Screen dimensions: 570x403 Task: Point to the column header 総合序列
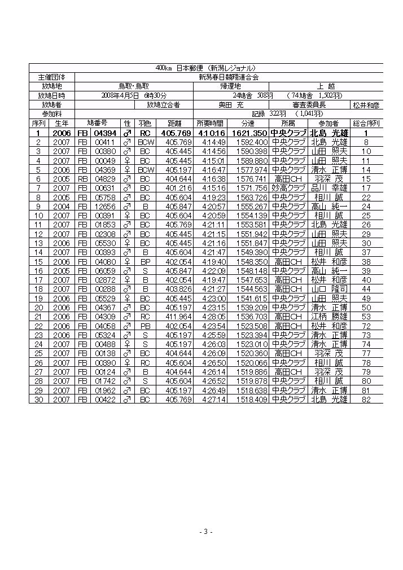click(366, 124)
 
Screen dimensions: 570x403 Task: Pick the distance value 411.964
click(178, 317)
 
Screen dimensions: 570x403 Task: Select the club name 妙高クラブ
click(288, 188)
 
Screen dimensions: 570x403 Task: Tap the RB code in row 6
click(82, 179)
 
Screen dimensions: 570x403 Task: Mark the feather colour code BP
click(144, 262)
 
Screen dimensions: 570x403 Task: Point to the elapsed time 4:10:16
click(210, 133)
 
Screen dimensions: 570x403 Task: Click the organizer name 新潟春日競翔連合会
click(229, 77)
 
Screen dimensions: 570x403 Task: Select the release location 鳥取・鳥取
click(134, 86)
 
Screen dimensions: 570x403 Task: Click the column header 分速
click(248, 124)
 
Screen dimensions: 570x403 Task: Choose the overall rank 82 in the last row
click(366, 400)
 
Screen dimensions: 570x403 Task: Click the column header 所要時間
click(210, 124)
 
